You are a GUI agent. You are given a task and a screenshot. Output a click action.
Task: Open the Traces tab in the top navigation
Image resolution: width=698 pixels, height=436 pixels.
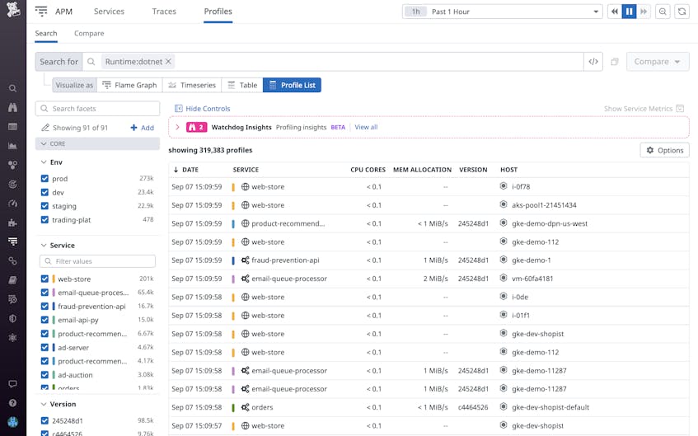tap(164, 12)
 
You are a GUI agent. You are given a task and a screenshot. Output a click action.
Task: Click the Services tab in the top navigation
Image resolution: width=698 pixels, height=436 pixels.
tap(109, 12)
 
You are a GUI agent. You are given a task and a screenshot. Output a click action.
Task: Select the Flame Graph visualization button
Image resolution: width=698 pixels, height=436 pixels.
tap(129, 85)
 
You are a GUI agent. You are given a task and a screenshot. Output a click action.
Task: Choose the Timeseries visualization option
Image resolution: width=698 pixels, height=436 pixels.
tap(190, 85)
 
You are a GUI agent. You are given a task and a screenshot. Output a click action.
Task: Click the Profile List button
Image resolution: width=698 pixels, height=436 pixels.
tap(292, 85)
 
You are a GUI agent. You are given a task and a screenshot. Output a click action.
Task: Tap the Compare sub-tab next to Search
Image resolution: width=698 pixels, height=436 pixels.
tap(89, 34)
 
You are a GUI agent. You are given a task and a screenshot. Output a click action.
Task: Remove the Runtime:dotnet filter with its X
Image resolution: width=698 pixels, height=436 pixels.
tap(169, 62)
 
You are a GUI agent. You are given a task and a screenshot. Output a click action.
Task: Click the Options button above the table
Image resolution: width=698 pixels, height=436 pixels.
tap(664, 150)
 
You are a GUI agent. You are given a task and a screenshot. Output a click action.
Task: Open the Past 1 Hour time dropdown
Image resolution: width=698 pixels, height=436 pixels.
tap(502, 12)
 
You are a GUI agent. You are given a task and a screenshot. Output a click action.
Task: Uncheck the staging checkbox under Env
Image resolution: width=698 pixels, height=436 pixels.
tap(45, 206)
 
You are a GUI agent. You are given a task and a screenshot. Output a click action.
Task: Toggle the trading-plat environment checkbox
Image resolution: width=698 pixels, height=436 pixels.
tap(45, 220)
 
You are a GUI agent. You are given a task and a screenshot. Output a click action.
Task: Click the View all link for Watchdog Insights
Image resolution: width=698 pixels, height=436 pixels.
tap(366, 127)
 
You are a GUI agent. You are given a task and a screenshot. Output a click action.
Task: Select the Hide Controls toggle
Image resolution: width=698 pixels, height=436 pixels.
tap(203, 109)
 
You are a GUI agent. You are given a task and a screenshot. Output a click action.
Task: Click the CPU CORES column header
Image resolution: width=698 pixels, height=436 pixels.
tap(368, 170)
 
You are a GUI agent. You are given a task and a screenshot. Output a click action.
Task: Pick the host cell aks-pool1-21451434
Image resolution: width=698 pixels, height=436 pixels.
tap(544, 205)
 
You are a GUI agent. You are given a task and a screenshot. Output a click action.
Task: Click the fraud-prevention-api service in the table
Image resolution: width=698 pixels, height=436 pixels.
tap(284, 260)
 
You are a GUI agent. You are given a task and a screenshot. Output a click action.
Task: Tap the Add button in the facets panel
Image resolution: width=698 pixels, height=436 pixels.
tap(142, 128)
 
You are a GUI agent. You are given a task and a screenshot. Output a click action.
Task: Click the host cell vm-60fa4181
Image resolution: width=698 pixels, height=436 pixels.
tap(532, 279)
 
